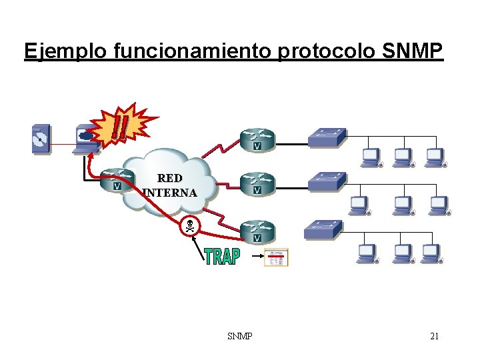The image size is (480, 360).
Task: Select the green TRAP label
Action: point(221,257)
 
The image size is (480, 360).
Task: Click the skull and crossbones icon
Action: point(190,226)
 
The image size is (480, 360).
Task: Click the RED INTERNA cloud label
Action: point(170,185)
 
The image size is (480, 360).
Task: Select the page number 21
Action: point(434,336)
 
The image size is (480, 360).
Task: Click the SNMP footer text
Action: point(239,336)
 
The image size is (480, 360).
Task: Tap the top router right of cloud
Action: point(257,137)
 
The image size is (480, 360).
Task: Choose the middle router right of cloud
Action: point(257,182)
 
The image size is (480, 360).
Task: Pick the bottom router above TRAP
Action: point(257,230)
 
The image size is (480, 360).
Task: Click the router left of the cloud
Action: point(118,178)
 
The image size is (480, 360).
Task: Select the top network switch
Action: point(327,137)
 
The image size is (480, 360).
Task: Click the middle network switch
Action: point(327,181)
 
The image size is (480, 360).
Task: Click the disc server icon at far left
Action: point(41,139)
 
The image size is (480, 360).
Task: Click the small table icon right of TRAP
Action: point(277,257)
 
